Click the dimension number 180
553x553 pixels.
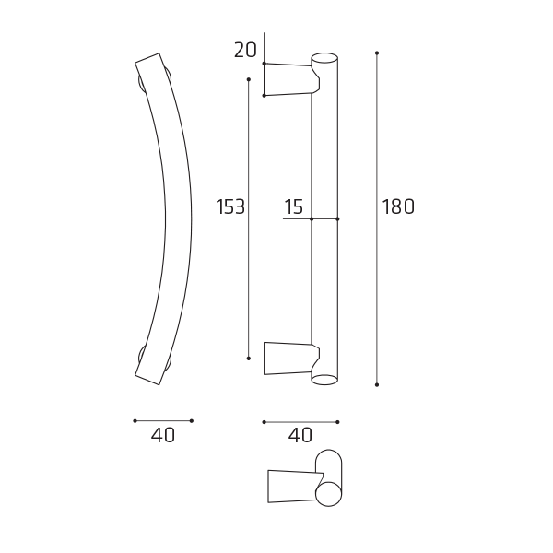coord(398,206)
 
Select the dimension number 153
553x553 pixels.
coord(229,206)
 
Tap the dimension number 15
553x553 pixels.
coord(293,206)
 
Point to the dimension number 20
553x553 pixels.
coord(245,50)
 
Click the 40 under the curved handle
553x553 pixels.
coord(162,436)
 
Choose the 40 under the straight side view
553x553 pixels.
coord(300,436)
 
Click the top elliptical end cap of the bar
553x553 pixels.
coord(324,58)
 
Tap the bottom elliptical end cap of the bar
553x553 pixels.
coord(324,380)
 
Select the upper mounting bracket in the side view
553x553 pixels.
coord(291,79)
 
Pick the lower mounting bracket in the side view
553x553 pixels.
coord(291,358)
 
